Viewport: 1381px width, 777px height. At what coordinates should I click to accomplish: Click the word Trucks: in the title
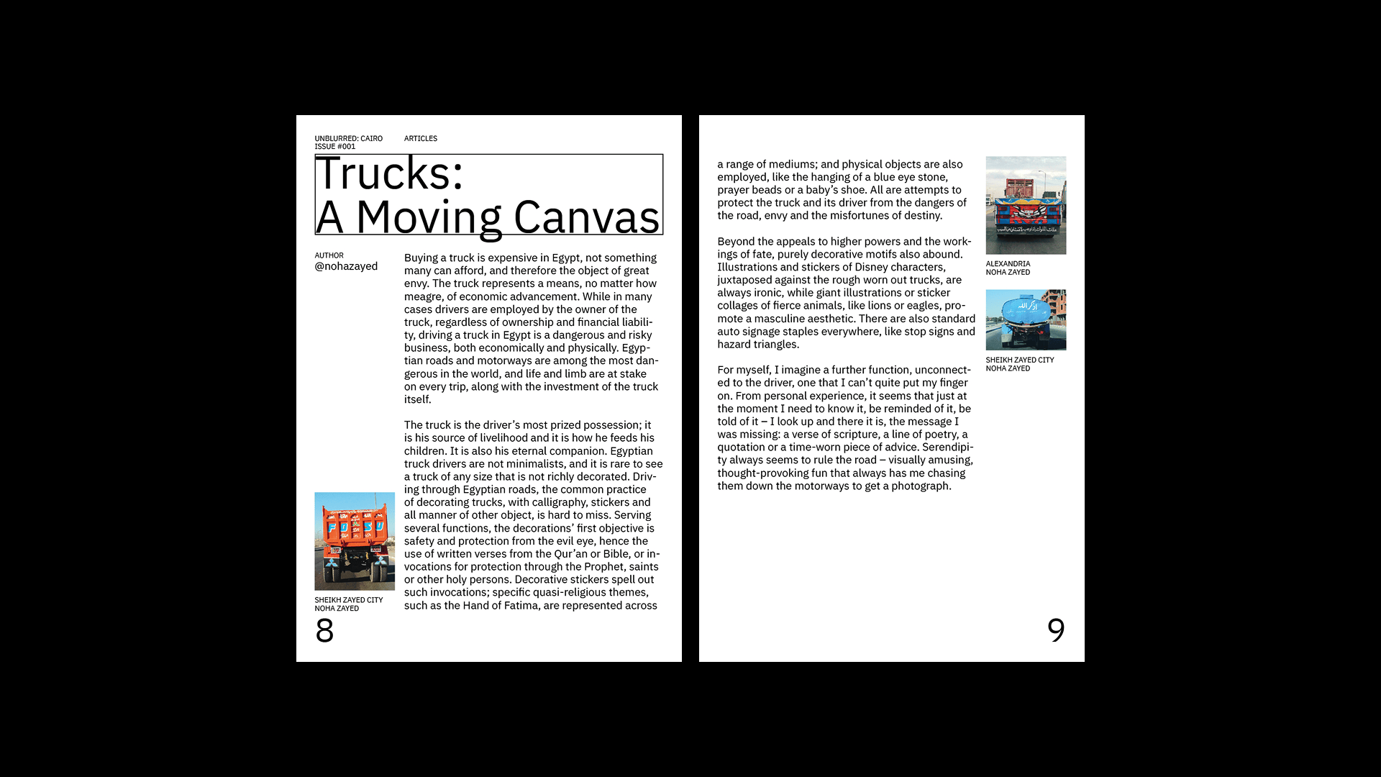389,175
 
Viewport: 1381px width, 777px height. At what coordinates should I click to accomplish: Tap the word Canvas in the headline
586,217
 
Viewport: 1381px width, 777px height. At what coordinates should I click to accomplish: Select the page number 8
324,631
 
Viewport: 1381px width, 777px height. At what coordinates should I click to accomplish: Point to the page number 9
1056,631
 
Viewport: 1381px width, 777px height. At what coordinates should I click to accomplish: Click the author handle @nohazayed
346,266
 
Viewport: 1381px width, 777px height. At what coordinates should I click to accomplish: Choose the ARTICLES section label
421,138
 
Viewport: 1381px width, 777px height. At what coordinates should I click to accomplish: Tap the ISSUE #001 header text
334,147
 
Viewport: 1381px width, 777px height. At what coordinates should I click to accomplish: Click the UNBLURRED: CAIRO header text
348,138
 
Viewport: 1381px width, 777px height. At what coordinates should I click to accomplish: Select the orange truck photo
355,541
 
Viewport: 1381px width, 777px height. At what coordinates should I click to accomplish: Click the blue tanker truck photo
1026,319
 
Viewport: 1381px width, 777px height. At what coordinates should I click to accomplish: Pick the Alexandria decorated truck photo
1026,205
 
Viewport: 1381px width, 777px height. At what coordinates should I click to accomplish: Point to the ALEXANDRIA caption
1008,264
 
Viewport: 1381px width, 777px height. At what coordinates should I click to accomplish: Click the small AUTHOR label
329,255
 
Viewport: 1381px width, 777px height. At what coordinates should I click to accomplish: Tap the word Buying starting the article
421,258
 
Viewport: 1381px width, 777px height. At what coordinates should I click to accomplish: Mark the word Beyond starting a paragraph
737,242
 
